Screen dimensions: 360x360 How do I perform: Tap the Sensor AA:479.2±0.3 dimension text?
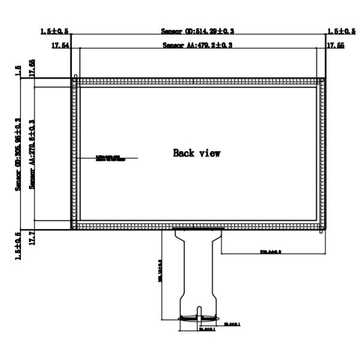coord(197,46)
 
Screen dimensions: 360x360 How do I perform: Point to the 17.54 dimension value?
coord(61,46)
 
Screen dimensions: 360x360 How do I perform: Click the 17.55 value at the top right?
coord(334,46)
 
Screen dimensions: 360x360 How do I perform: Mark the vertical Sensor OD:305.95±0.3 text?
coord(19,154)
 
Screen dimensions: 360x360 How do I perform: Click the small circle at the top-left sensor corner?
coord(74,76)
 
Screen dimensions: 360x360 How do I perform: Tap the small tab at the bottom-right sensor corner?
coord(323,232)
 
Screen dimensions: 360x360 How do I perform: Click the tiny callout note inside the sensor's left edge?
coord(109,158)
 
